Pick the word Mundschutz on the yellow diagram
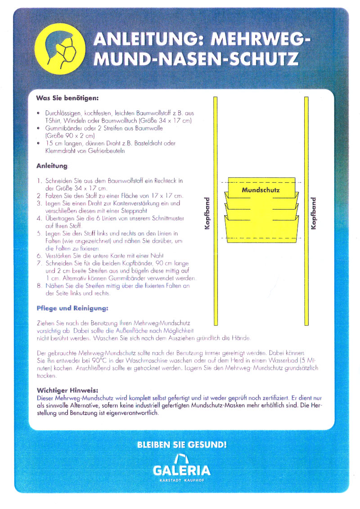pos(261,190)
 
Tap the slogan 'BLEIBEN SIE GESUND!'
pos(182,446)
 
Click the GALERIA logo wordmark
pos(182,471)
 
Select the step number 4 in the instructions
pos(39,218)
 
